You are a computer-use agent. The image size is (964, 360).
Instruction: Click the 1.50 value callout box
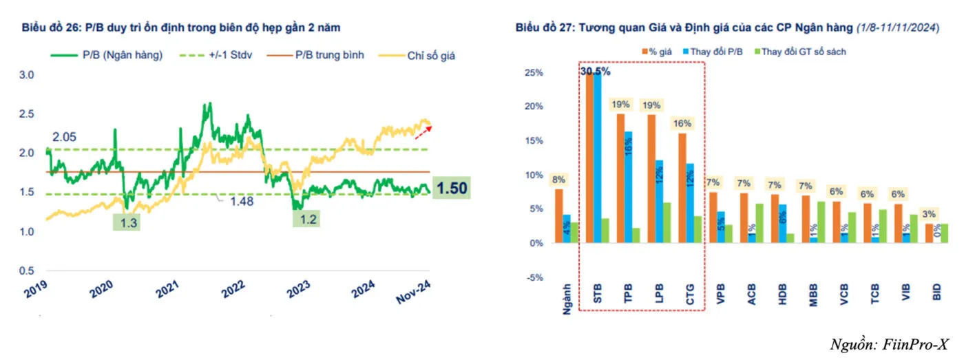pos(452,187)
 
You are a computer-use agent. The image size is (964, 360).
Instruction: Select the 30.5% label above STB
pos(595,71)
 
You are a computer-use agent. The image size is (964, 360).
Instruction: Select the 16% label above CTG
pos(682,123)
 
